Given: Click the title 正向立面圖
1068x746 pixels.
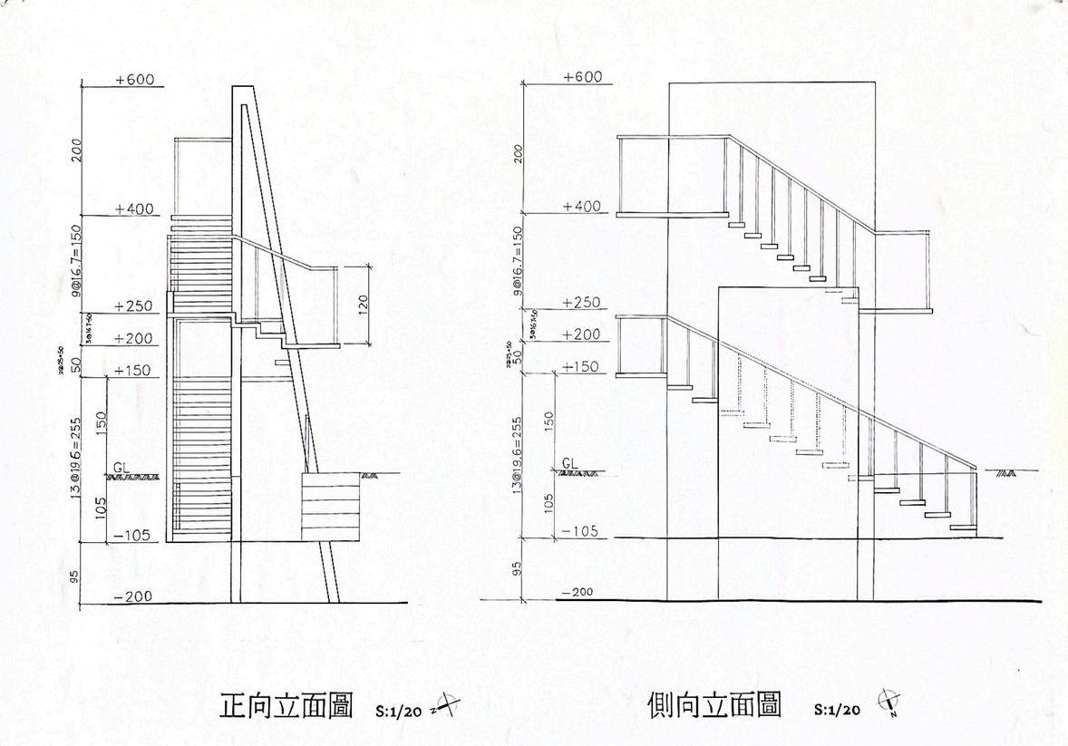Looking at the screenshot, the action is [x=286, y=706].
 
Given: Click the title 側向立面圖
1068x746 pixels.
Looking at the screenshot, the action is [x=714, y=704].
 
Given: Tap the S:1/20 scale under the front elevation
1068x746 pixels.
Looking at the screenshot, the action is [x=399, y=712].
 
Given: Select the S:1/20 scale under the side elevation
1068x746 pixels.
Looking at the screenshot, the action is [x=837, y=710].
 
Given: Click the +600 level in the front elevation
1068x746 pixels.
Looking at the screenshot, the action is [x=135, y=80].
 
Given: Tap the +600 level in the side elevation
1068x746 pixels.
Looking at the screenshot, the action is [x=582, y=78].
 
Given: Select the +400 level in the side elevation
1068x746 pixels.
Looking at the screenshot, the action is [x=582, y=207].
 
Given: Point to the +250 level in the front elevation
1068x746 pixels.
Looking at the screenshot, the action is [x=134, y=306].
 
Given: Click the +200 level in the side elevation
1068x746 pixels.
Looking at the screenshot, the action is [x=580, y=334].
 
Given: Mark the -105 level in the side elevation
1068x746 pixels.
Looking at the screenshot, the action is [x=580, y=531].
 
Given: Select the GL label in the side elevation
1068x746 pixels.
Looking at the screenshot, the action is [x=569, y=463].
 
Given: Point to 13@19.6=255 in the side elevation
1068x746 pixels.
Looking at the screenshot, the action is [x=517, y=453].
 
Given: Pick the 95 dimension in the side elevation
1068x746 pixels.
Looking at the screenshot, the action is [x=517, y=568].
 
